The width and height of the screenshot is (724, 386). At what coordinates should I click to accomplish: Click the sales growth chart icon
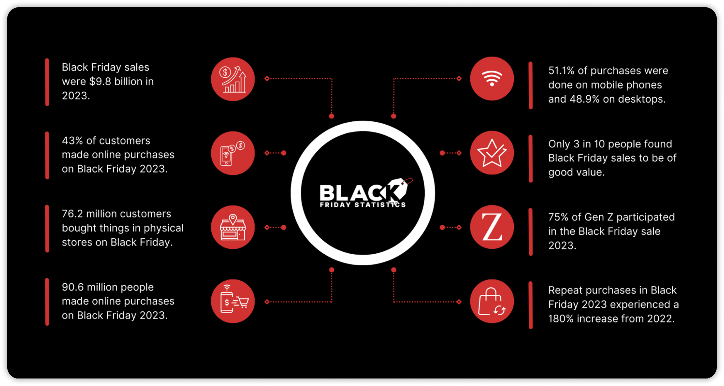point(233,79)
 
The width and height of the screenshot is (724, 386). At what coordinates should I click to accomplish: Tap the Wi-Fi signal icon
point(492,78)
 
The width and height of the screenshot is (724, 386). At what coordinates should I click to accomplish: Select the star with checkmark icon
point(492,153)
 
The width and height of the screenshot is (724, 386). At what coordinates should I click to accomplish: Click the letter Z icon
point(492,227)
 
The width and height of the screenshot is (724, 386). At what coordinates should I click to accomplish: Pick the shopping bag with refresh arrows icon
point(492,301)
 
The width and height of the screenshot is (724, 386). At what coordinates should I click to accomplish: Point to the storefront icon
point(233,227)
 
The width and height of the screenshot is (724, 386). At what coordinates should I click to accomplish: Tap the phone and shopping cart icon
point(233,301)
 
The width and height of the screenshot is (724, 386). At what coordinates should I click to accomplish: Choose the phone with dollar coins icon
point(233,153)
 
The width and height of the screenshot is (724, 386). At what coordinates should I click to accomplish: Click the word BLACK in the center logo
point(355,193)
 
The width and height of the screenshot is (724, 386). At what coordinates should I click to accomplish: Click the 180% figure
point(561,319)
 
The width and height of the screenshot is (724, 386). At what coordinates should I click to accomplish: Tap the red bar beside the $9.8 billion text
point(47,82)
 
